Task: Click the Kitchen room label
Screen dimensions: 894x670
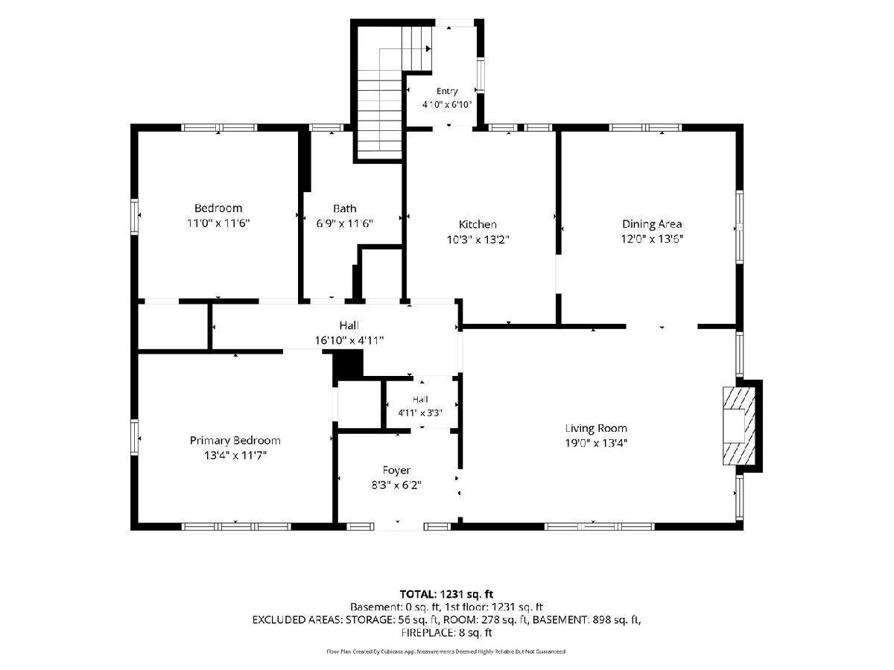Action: (478, 224)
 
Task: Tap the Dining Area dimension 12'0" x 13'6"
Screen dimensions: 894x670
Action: (652, 238)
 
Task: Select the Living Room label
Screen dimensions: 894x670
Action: (596, 428)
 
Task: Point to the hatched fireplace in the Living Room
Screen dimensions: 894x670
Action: (738, 426)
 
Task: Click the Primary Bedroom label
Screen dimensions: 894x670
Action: (235, 441)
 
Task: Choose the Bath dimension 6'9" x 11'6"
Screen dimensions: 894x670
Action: (345, 223)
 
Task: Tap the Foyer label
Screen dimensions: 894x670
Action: (396, 470)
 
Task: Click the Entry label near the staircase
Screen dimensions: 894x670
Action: (447, 91)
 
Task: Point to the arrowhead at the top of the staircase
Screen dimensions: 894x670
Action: (428, 49)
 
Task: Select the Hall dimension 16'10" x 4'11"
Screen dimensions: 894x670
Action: (349, 340)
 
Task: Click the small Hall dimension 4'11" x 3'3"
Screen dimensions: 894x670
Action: (420, 413)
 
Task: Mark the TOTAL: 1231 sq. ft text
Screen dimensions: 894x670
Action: (446, 594)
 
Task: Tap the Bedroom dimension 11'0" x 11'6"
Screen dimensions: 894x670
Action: (218, 223)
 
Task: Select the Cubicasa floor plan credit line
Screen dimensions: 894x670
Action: (446, 651)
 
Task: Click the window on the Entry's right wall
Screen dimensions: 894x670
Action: (481, 74)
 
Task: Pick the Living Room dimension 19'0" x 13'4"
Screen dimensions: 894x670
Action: (596, 443)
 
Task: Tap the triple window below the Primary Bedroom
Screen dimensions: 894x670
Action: (236, 526)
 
